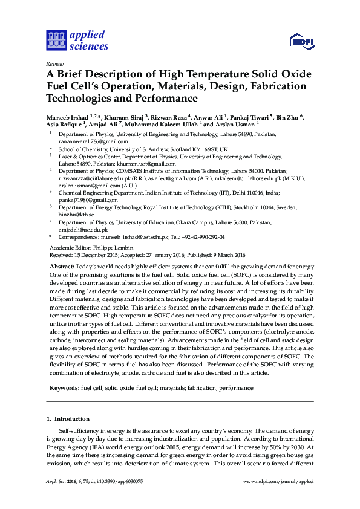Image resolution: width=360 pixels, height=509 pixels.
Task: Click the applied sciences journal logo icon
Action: [x=56, y=40]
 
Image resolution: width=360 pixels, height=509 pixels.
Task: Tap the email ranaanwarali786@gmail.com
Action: [x=85, y=141]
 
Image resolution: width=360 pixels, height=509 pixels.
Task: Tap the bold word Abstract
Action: [x=62, y=267]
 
